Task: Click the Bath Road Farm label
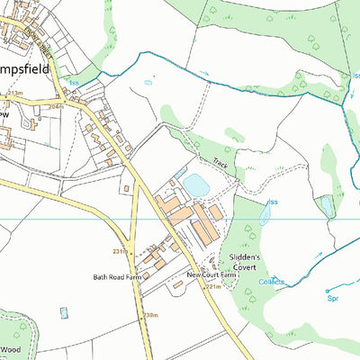[x=118, y=277]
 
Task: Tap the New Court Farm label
[x=209, y=274]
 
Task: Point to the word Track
[x=221, y=165]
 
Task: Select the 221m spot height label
[x=212, y=286]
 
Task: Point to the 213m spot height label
[x=14, y=93]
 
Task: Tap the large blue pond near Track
[x=197, y=185]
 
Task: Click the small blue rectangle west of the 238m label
[x=63, y=313]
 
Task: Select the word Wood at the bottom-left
[x=11, y=351]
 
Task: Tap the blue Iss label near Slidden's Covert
[x=272, y=202]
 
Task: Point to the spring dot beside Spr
[x=325, y=291]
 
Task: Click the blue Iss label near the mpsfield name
[x=74, y=82]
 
